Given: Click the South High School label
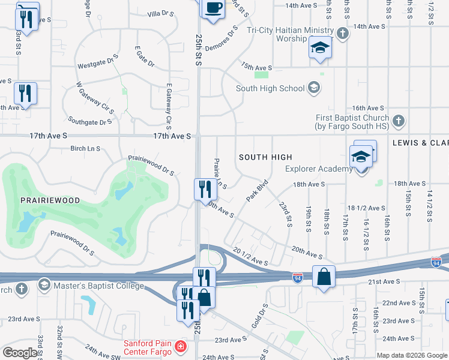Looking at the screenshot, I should (x=270, y=88).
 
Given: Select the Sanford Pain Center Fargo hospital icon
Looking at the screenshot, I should (x=179, y=347).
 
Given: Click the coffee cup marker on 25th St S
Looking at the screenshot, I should (x=213, y=8).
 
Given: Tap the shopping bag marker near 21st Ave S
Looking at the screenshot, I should (x=324, y=277).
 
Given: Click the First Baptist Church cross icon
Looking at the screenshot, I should (x=397, y=122).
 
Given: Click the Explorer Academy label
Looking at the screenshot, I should (x=319, y=169).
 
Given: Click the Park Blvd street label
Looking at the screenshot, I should (x=256, y=190).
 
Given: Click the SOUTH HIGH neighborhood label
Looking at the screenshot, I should (x=265, y=157).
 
